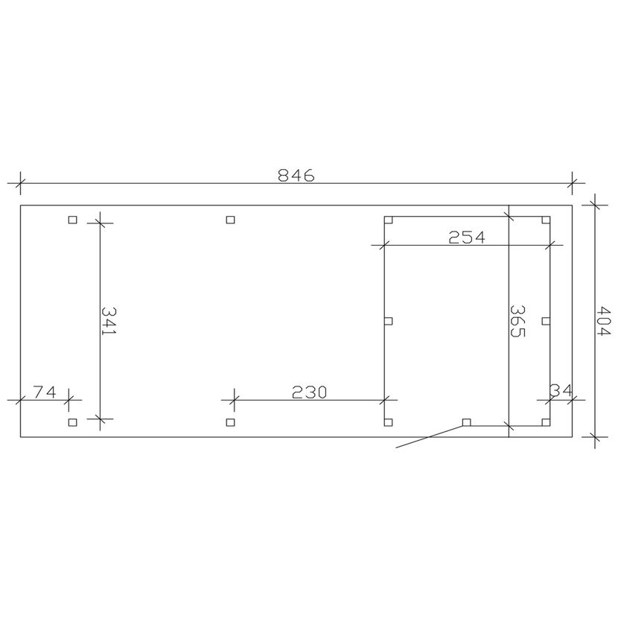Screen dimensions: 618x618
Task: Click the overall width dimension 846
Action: click(x=296, y=175)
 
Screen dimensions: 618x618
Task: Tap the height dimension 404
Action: click(x=603, y=321)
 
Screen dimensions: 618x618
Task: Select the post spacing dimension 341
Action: click(x=109, y=321)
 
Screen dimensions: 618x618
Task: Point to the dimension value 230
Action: click(x=310, y=392)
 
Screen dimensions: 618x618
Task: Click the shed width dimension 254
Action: click(x=467, y=238)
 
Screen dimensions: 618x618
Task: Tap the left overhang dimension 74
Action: click(x=45, y=392)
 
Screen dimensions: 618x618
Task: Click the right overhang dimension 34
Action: click(x=561, y=391)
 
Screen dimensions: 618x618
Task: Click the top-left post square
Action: click(x=72, y=220)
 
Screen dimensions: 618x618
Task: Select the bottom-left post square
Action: click(x=72, y=422)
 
